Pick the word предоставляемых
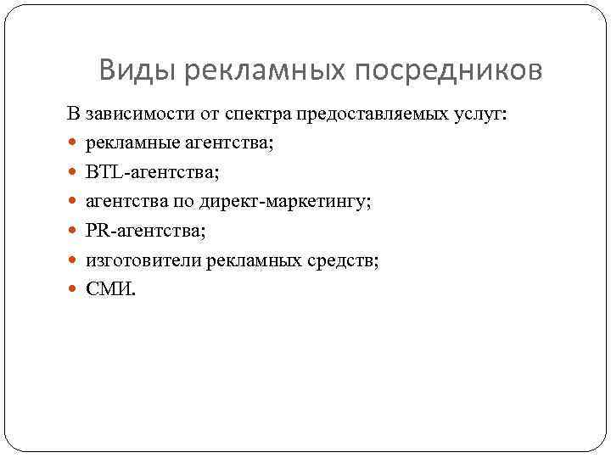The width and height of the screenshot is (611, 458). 362,114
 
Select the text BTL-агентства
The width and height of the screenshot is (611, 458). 152,172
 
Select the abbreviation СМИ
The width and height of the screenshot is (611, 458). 108,289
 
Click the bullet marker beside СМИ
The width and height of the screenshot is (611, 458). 73,290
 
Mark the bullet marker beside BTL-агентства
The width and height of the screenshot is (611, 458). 73,173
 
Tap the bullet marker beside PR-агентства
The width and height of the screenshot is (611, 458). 73,232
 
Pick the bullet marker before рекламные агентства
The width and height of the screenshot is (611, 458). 73,144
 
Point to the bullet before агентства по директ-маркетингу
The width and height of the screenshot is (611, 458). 73,203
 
